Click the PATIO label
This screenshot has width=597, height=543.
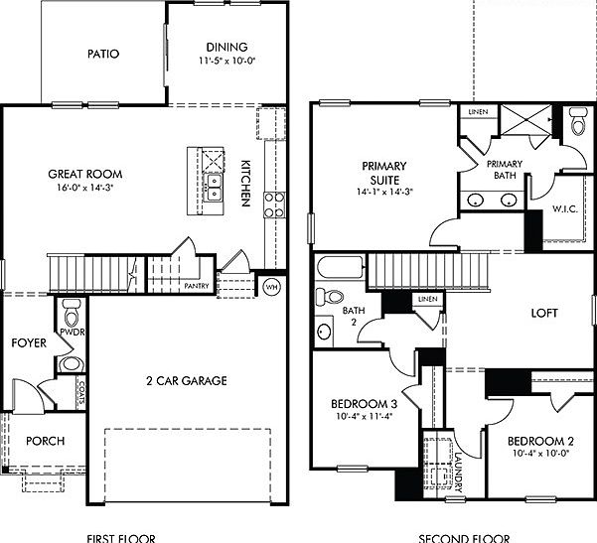point(102,54)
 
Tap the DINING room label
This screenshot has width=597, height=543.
point(226,47)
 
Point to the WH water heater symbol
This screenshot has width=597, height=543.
point(271,287)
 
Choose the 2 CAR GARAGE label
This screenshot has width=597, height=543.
point(187,380)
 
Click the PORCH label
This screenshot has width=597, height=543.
point(45,441)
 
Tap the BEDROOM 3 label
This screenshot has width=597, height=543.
point(365,404)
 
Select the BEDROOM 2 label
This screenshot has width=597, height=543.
point(540,441)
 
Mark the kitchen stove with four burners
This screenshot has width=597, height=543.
point(273,204)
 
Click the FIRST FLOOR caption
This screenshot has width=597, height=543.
point(120,537)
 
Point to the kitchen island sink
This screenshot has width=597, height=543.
point(213,187)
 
